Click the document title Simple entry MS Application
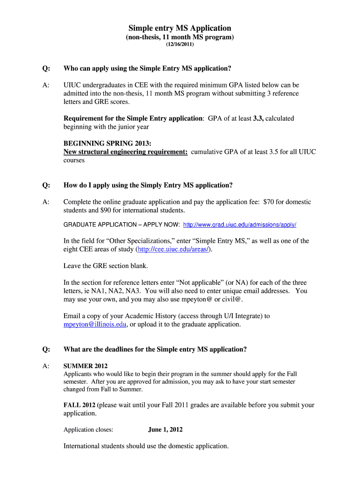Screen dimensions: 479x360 [180, 28]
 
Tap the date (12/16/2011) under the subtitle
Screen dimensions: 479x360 [180, 45]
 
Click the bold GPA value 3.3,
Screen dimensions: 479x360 [258, 118]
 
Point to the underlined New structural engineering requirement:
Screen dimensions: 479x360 [125, 152]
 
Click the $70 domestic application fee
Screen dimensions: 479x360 [268, 202]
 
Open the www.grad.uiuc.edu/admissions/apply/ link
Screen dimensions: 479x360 [239, 225]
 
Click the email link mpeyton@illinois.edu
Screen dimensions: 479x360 [95, 324]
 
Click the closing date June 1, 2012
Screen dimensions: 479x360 [165, 429]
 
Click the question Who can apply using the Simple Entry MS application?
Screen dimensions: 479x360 [147, 68]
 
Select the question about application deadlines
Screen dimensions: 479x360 [155, 349]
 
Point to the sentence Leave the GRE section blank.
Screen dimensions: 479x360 [106, 266]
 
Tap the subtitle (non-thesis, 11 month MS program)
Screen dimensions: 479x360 [180, 37]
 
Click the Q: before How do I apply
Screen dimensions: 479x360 [46, 185]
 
